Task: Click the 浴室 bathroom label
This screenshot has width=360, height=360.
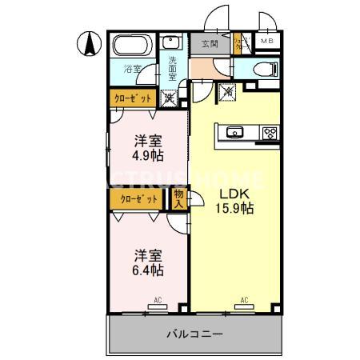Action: pyautogui.click(x=131, y=69)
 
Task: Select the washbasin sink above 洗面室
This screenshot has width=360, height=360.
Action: pyautogui.click(x=171, y=44)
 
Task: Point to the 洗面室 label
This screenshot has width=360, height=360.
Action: pyautogui.click(x=171, y=70)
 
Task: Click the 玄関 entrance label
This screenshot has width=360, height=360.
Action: pyautogui.click(x=209, y=44)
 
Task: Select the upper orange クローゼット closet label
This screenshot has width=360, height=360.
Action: pyautogui.click(x=131, y=98)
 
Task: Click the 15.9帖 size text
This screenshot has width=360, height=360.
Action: pyautogui.click(x=235, y=210)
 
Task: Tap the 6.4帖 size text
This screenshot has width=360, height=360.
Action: pyautogui.click(x=148, y=271)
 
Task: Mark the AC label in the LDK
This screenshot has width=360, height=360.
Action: pyautogui.click(x=243, y=301)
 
